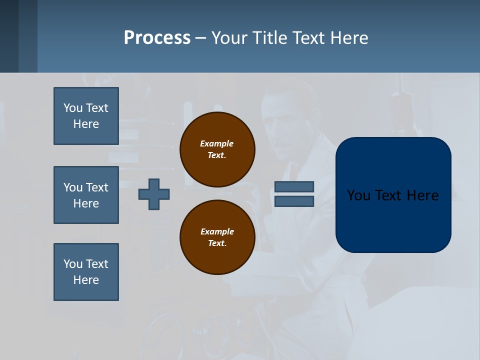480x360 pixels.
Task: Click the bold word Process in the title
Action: tap(157, 37)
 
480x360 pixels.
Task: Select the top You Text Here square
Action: tap(86, 116)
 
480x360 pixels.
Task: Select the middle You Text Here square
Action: tap(86, 195)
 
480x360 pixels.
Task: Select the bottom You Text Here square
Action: tap(86, 272)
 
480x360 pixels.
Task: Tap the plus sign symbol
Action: tap(154, 194)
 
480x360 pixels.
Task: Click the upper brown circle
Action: tap(217, 149)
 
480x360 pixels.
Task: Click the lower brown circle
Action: tap(217, 237)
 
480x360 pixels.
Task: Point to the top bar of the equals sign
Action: tap(294, 186)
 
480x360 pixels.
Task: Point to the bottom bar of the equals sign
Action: tap(294, 201)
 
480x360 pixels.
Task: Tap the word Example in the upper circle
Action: tap(217, 143)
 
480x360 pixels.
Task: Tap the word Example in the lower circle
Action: tap(217, 231)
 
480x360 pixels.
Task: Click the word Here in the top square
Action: tap(86, 124)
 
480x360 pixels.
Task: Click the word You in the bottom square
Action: tap(72, 263)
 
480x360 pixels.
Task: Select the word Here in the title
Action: tap(348, 38)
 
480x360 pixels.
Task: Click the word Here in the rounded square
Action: tap(422, 195)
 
